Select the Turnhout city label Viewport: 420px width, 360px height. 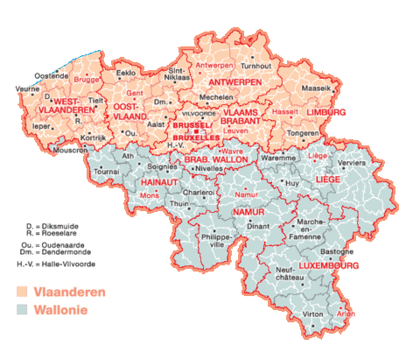pyautogui.click(x=256, y=66)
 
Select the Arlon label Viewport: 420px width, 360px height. pyautogui.click(x=346, y=313)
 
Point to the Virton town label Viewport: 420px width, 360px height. pyautogui.click(x=312, y=313)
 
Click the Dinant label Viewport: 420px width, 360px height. pyautogui.click(x=258, y=225)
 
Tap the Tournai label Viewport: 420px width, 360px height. pyautogui.click(x=106, y=172)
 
